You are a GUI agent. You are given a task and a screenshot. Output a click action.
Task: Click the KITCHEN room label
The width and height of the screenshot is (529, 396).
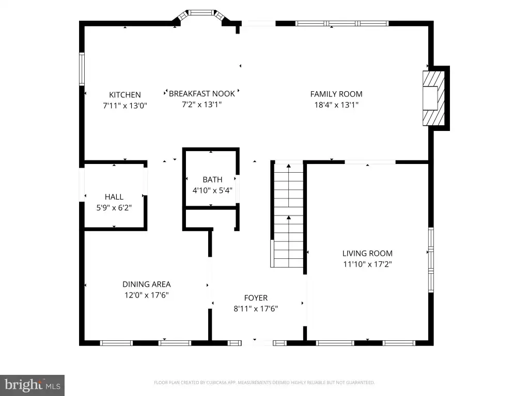tap(125, 95)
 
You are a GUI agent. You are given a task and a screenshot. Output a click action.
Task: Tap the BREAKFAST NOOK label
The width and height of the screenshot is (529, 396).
tap(202, 94)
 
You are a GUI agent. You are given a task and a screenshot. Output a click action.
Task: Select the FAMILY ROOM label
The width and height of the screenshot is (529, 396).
tap(336, 94)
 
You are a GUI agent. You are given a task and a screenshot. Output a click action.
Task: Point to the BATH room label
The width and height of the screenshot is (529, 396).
tap(212, 179)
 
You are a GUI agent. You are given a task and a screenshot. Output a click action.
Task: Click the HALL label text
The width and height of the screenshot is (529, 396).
tap(114, 196)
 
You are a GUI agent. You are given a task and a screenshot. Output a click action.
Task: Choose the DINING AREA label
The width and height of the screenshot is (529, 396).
tap(146, 284)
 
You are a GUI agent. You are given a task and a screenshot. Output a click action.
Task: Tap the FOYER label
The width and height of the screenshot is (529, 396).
tap(256, 298)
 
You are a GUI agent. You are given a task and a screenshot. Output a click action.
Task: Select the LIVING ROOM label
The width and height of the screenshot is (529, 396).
tap(367, 253)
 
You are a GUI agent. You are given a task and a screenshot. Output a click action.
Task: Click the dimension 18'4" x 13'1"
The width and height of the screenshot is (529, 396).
tap(336, 105)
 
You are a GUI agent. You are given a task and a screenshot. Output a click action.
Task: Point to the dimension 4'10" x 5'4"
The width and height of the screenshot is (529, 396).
tap(212, 190)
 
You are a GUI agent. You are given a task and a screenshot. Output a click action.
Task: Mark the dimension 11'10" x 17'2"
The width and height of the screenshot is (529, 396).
tap(367, 264)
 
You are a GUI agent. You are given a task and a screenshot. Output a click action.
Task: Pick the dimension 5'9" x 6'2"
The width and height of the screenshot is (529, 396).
tap(114, 207)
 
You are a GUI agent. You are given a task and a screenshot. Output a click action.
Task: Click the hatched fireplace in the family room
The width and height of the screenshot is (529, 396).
tap(433, 98)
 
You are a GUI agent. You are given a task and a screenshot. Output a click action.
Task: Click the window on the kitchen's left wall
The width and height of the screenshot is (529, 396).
tap(82, 69)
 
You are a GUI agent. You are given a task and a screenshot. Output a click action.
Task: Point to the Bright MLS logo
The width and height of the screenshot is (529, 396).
tap(33, 385)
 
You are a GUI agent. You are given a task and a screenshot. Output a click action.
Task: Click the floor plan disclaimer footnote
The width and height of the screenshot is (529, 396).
tap(264, 383)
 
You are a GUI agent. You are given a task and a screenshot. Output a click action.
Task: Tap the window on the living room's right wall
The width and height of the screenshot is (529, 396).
tap(431, 260)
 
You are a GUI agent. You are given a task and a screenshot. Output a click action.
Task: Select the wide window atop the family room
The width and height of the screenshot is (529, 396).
tap(342, 23)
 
